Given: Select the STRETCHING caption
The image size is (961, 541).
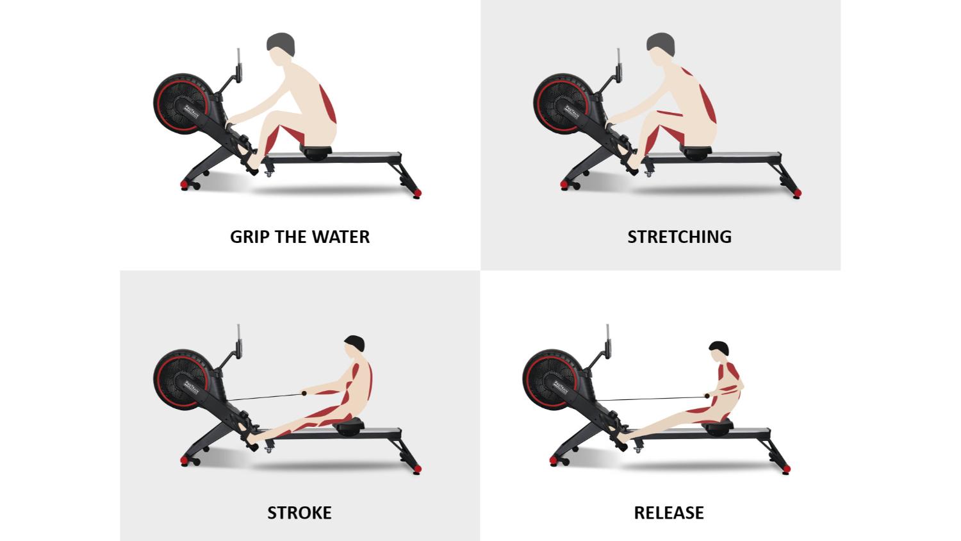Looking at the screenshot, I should pos(679,237).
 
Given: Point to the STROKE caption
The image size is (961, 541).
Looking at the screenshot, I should pos(299,513).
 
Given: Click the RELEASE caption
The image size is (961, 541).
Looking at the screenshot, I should pos(669,513).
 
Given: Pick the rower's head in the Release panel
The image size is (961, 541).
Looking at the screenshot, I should pos(719,349).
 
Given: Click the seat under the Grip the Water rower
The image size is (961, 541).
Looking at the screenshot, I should pos(316,153).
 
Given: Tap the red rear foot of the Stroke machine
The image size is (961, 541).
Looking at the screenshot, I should pos(418,469).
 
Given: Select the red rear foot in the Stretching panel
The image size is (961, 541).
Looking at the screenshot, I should pos(796,193).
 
